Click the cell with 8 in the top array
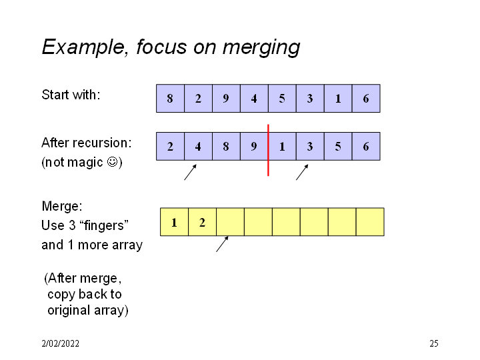click(x=170, y=99)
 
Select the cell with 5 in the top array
click(x=282, y=99)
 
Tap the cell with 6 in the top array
click(x=366, y=99)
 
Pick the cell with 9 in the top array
click(x=226, y=99)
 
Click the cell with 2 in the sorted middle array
click(x=170, y=147)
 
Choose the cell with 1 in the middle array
click(x=282, y=147)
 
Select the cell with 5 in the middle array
click(x=338, y=147)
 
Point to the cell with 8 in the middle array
click(x=226, y=147)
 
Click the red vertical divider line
click(x=268, y=167)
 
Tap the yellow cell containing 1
click(x=174, y=222)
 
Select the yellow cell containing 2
click(x=202, y=222)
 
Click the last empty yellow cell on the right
click(x=370, y=222)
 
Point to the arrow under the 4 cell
click(x=191, y=173)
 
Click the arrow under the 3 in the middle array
click(x=303, y=173)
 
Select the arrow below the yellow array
click(x=223, y=243)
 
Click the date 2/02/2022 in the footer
click(x=60, y=344)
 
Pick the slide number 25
click(x=433, y=344)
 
